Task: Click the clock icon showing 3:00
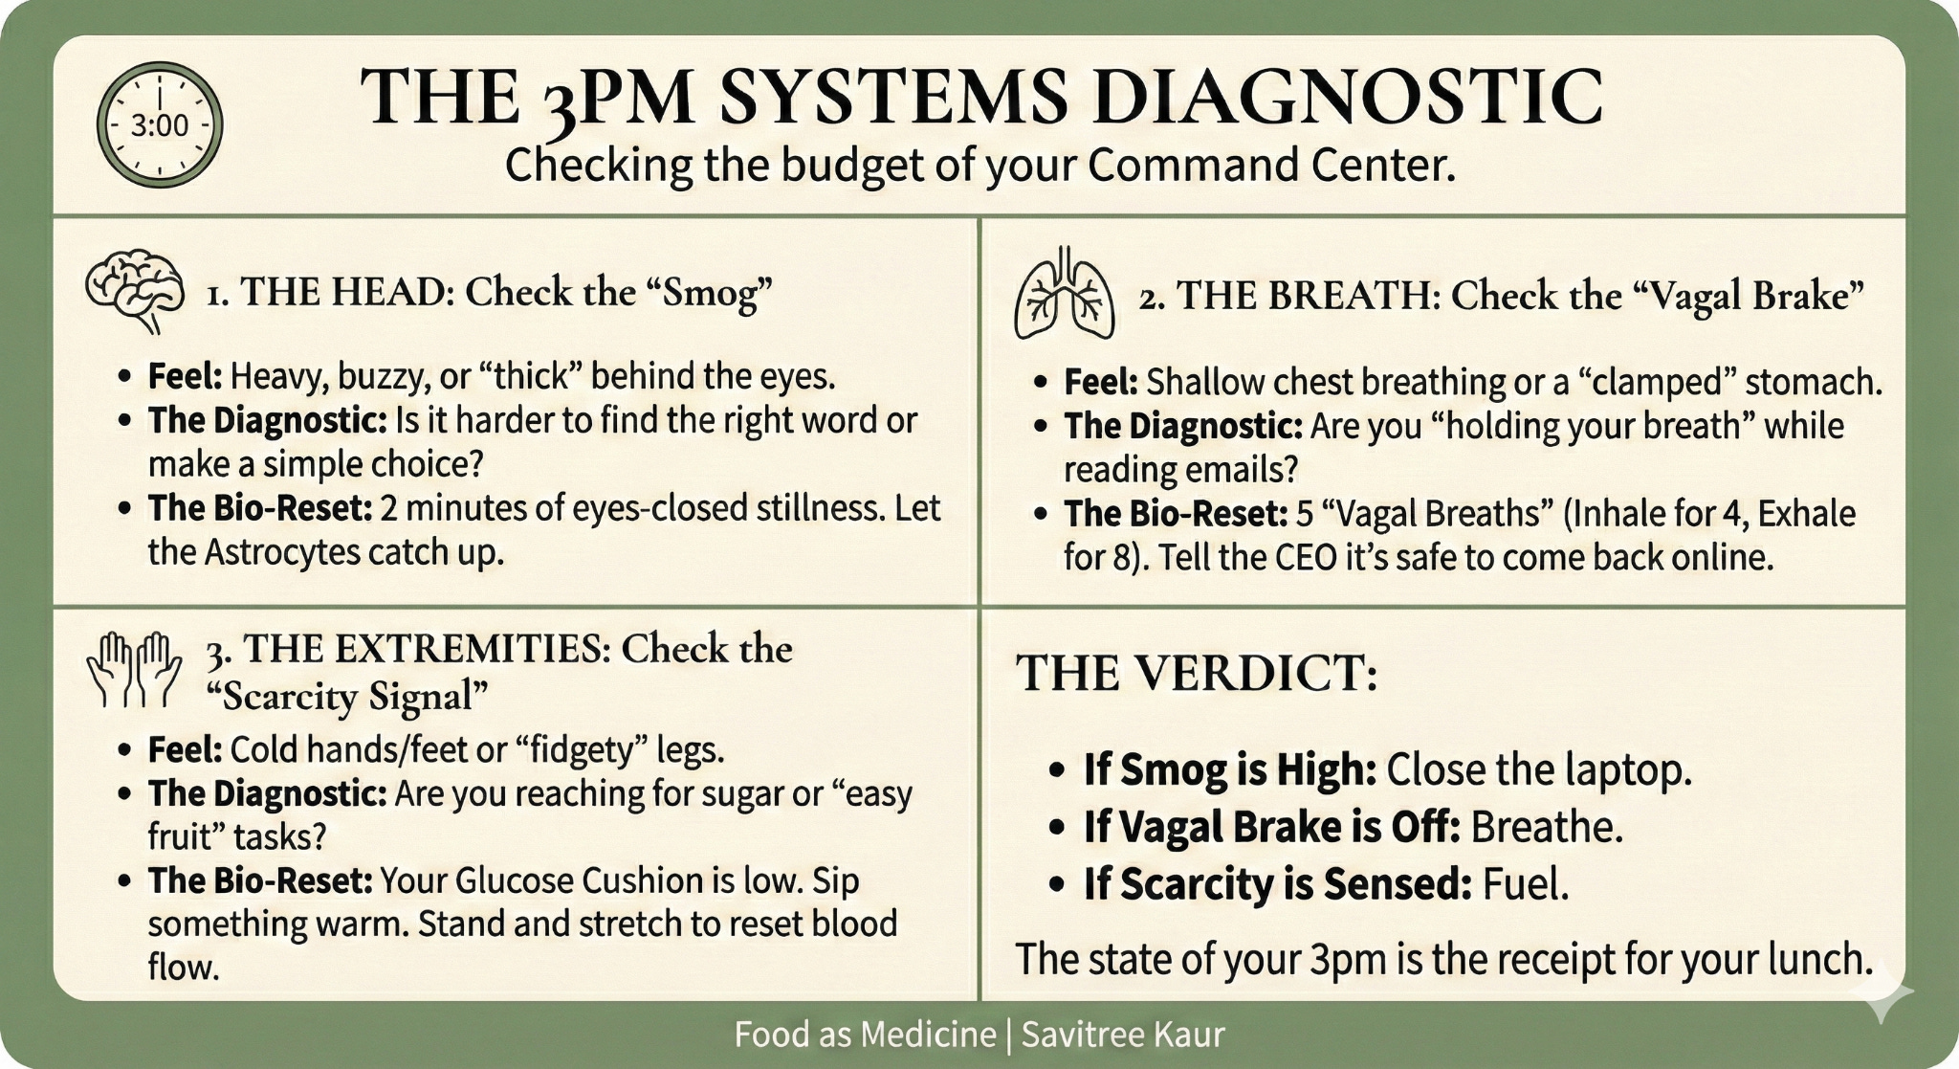click(x=160, y=124)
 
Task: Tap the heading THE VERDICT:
click(x=1196, y=673)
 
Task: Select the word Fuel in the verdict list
click(x=1525, y=884)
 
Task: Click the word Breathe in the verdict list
click(x=1546, y=828)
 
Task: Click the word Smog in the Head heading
click(x=706, y=292)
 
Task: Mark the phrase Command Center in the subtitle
click(x=1270, y=166)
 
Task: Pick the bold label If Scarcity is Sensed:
click(x=1276, y=884)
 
